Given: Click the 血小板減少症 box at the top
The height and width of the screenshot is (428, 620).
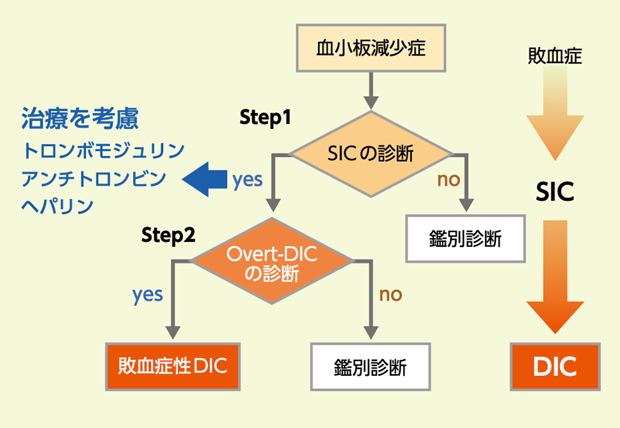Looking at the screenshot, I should [x=371, y=48].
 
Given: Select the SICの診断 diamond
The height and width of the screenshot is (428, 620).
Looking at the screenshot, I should [x=371, y=154].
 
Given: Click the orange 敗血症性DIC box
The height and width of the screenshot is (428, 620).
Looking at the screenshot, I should [x=172, y=366].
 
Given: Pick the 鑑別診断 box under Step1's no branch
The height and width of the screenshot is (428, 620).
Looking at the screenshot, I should [x=465, y=239].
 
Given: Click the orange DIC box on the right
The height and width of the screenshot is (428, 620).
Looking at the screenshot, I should [x=555, y=366].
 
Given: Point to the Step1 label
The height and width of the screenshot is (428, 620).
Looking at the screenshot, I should [x=265, y=118].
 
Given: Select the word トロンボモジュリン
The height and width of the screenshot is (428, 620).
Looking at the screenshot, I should [x=103, y=151].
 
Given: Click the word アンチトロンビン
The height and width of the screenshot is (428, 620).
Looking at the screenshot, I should [x=94, y=179].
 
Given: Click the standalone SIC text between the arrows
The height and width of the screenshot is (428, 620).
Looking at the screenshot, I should [x=555, y=193].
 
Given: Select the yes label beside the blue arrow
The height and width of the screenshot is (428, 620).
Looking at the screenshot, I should [x=247, y=179].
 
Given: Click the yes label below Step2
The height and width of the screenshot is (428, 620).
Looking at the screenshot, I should [x=148, y=294].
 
